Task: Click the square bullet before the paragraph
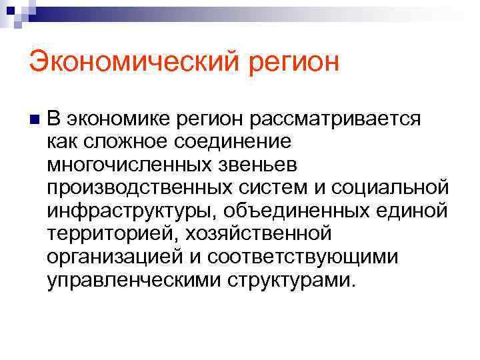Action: click(x=34, y=119)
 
